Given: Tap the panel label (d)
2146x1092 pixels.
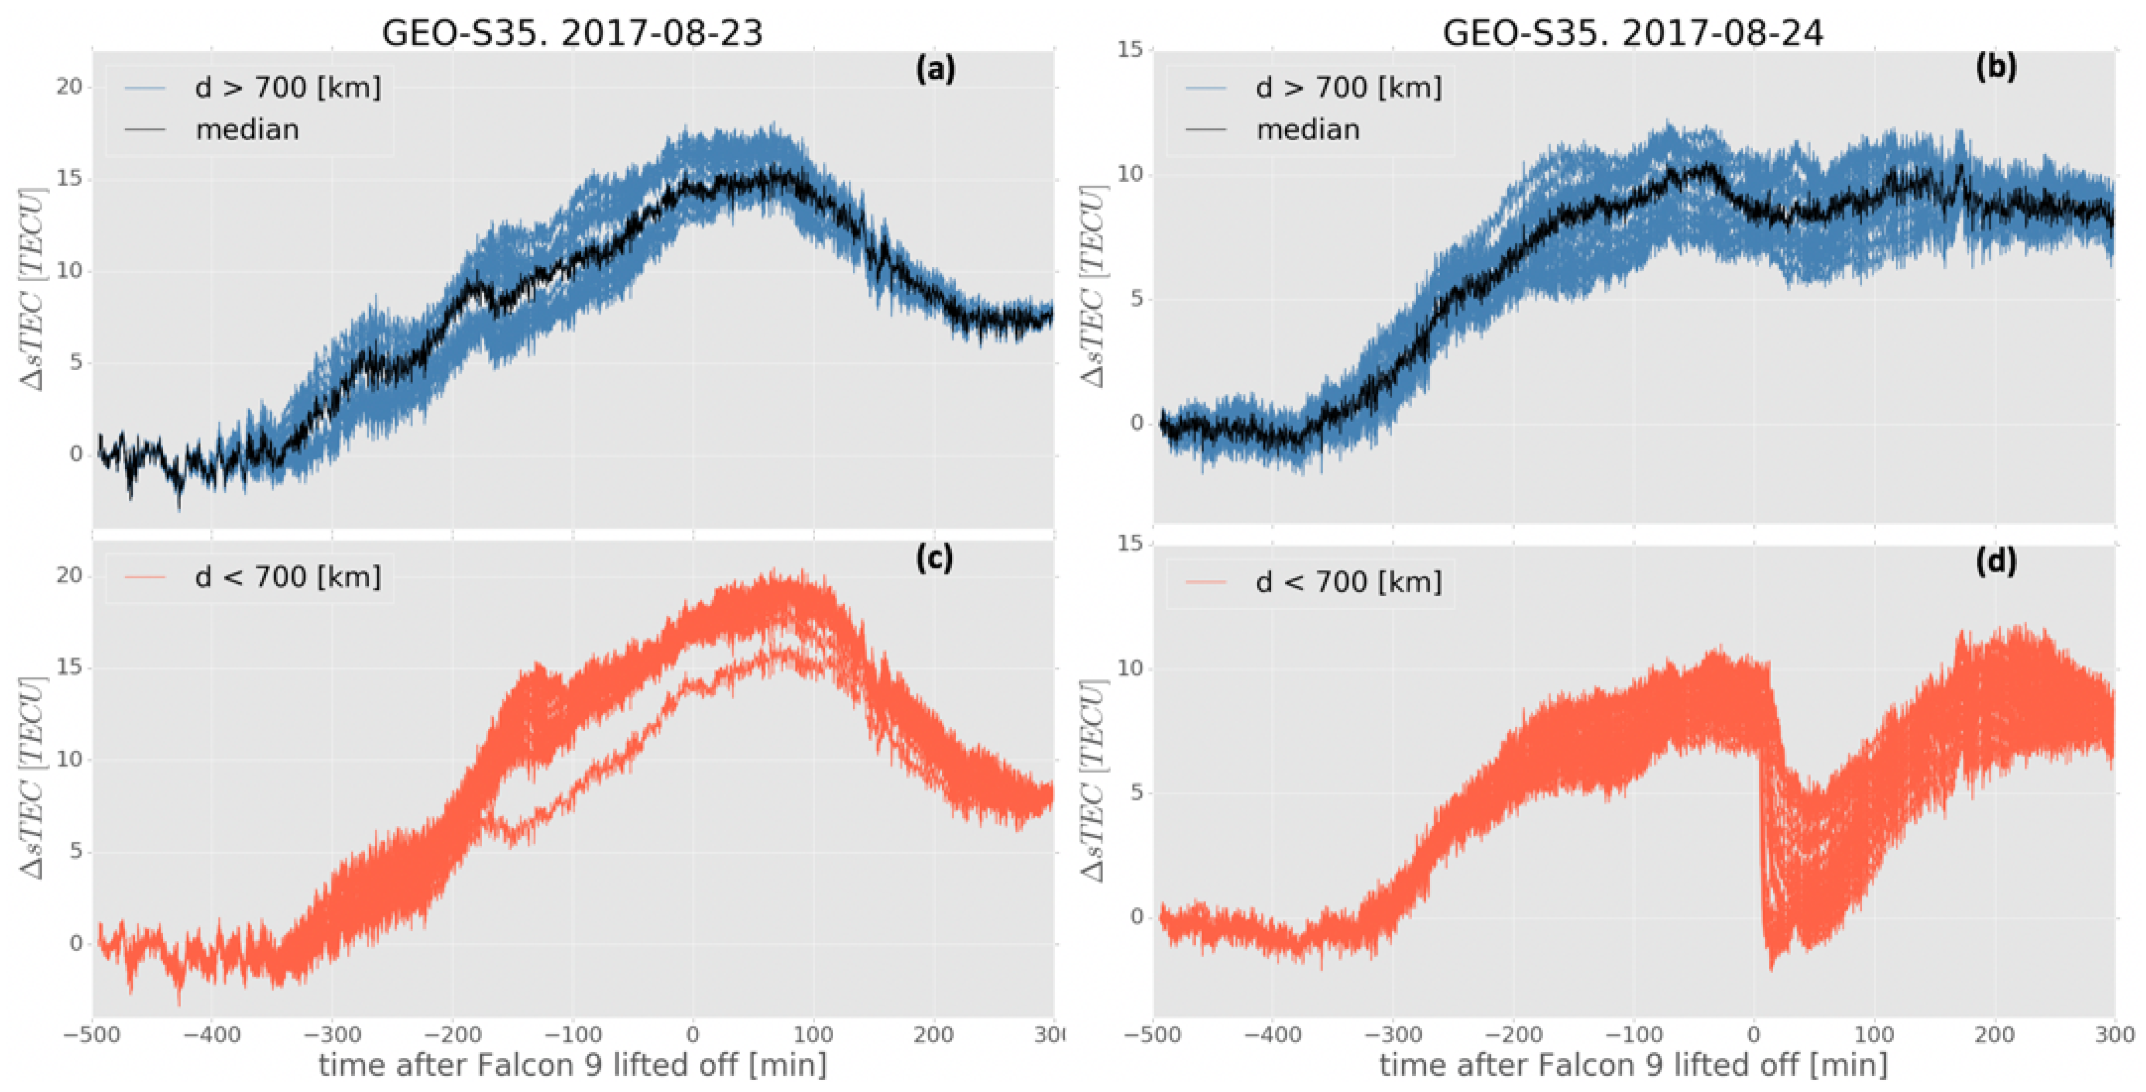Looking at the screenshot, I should [1995, 563].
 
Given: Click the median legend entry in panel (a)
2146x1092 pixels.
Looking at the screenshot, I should [247, 130].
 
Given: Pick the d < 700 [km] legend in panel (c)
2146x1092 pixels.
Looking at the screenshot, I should [287, 577].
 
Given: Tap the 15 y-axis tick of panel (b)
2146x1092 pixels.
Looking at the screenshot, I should [1130, 49].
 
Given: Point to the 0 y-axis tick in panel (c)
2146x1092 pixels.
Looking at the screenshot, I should [76, 943].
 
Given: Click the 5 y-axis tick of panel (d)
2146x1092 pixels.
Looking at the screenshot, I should [1136, 792].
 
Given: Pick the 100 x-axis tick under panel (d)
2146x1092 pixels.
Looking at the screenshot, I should [1874, 1035].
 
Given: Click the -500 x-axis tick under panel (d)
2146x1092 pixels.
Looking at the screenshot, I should [1153, 1035].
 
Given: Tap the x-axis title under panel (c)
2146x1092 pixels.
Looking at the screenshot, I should [572, 1065].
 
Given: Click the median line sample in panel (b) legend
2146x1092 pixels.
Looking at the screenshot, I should [1206, 130].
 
